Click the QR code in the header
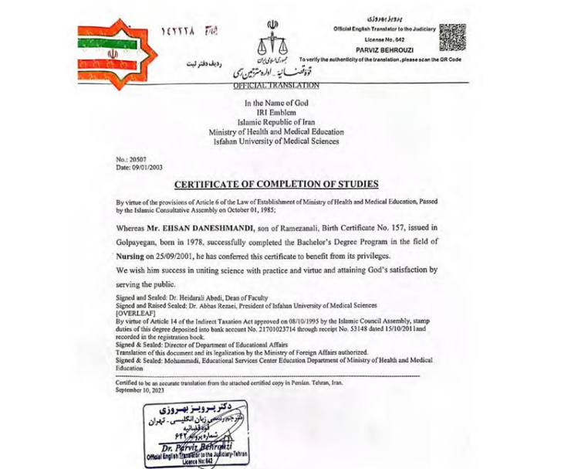[452, 37]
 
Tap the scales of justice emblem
[271, 38]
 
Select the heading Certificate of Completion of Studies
[275, 184]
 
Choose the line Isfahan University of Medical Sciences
[275, 141]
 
